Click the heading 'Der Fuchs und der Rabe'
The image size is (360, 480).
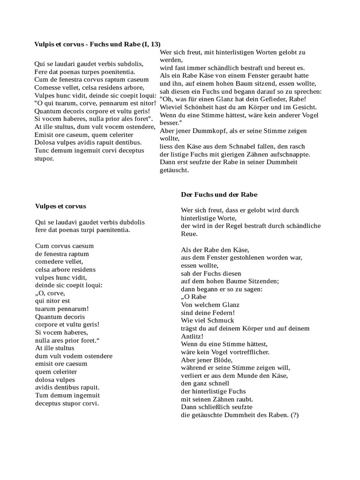click(219, 194)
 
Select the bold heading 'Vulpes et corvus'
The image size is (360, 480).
click(60, 206)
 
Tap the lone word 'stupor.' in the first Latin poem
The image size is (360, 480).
click(45, 158)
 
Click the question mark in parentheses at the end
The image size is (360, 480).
click(294, 415)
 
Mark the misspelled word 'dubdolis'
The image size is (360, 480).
click(131, 222)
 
